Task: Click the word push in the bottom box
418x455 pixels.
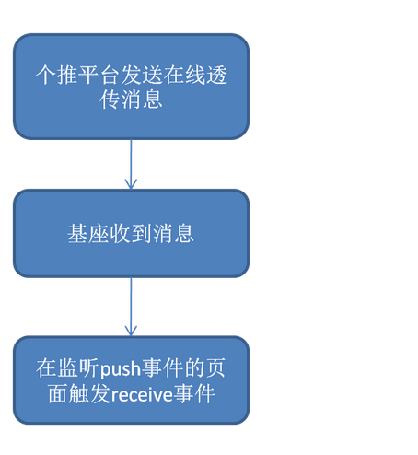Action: pyautogui.click(x=121, y=368)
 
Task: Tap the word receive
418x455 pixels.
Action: pyautogui.click(x=142, y=394)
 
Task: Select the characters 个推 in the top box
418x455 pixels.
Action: pyautogui.click(x=57, y=75)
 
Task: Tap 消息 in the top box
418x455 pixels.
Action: pyautogui.click(x=142, y=99)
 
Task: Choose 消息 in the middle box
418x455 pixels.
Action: pyautogui.click(x=174, y=234)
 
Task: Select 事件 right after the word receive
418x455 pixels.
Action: pyautogui.click(x=194, y=393)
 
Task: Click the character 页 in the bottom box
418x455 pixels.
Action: pyautogui.click(x=215, y=368)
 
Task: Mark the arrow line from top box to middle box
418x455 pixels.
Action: pyautogui.click(x=131, y=164)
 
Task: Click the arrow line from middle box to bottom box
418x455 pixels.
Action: pyautogui.click(x=131, y=307)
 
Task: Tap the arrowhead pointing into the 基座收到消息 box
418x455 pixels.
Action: pyautogui.click(x=131, y=184)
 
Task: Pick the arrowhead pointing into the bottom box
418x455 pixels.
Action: pyautogui.click(x=131, y=331)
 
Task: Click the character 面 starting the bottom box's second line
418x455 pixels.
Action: pyautogui.click(x=58, y=393)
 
